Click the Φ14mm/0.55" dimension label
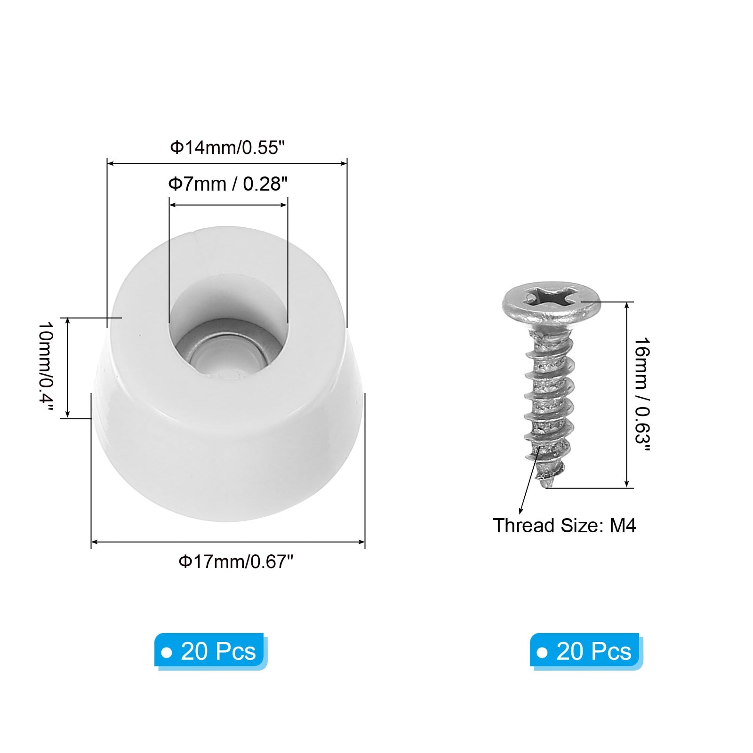click(x=228, y=147)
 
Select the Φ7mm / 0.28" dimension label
click(x=228, y=184)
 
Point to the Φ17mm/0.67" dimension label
click(x=236, y=561)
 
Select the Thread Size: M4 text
click(x=564, y=526)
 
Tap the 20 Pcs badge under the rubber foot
click(x=211, y=651)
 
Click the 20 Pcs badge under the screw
click(x=586, y=651)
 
